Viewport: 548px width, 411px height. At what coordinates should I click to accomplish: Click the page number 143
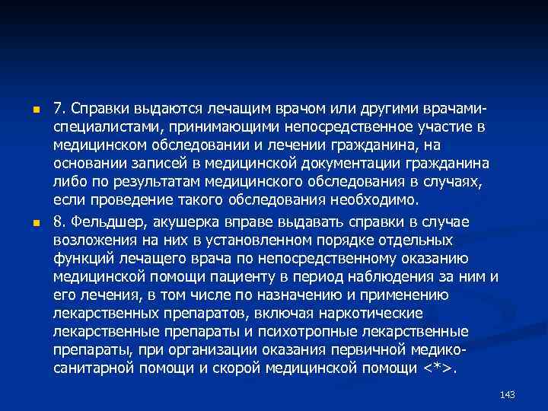pyautogui.click(x=508, y=393)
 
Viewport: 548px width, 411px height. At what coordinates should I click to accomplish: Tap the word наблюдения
pyautogui.click(x=409, y=277)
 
